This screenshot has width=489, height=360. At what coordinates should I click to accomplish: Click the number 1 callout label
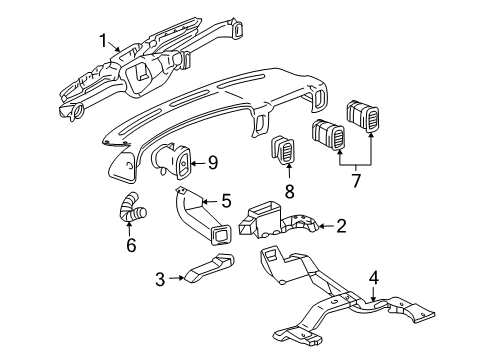click(102, 40)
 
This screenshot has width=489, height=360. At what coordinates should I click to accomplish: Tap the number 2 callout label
click(340, 228)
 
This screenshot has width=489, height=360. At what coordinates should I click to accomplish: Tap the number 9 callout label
click(212, 160)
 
